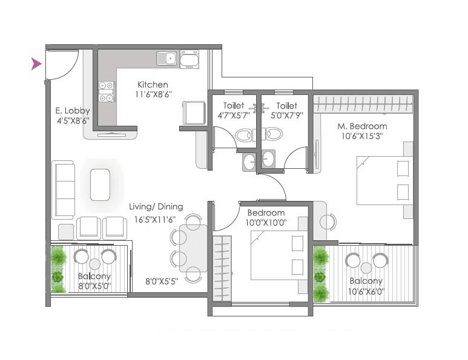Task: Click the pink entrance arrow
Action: (x=36, y=64)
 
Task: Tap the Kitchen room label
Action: (x=153, y=84)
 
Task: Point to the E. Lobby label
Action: (x=73, y=111)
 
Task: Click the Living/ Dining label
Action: (x=156, y=206)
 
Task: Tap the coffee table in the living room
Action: (x=100, y=185)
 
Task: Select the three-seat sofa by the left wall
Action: (x=62, y=189)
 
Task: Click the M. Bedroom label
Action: (x=362, y=126)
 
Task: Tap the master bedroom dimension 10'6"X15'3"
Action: (x=362, y=136)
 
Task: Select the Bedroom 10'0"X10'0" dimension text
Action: (x=266, y=223)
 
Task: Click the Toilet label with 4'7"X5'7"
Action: (x=234, y=106)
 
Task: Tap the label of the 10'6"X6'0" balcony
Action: (x=366, y=281)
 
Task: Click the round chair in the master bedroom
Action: (x=327, y=222)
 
